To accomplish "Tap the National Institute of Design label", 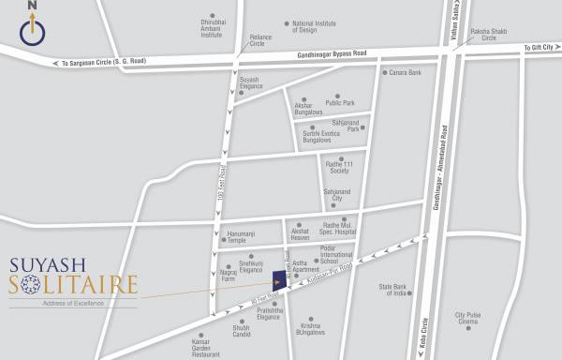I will coord(316,26).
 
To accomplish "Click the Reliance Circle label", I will coord(260,41).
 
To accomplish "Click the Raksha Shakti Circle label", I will coord(482,35).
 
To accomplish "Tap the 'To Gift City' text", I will coord(538,46).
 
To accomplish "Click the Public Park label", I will coord(339,102).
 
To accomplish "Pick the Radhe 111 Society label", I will coord(337,167).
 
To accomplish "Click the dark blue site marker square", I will coord(279,280).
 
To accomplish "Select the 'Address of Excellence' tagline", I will coord(72,303).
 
